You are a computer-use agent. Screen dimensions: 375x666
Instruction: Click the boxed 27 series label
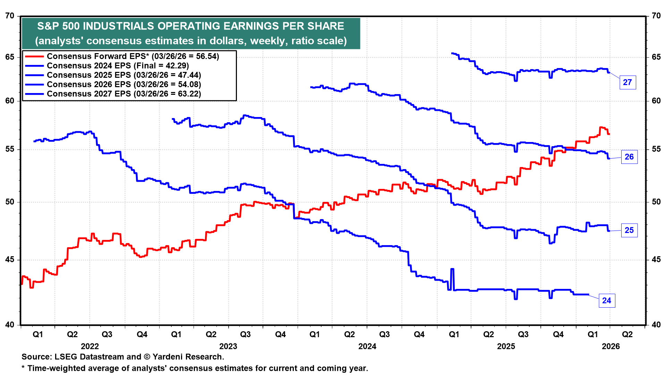point(627,82)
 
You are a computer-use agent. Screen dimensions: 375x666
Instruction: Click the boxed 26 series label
point(629,157)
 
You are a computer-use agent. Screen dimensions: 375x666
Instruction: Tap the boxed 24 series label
point(607,301)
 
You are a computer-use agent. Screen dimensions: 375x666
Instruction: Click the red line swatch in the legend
point(34,56)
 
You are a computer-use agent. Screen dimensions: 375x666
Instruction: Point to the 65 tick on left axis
point(10,57)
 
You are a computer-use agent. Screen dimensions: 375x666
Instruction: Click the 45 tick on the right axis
point(656,260)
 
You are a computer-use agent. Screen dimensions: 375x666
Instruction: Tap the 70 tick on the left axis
point(10,16)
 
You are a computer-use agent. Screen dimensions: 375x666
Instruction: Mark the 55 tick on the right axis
point(656,149)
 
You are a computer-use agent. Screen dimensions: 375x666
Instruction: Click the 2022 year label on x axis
point(90,346)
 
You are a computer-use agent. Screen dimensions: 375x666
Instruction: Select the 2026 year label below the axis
point(610,346)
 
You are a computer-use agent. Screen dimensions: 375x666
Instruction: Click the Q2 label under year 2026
point(627,334)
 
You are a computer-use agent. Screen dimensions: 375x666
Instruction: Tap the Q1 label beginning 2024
point(315,334)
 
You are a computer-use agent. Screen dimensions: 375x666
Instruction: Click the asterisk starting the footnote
point(23,368)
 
